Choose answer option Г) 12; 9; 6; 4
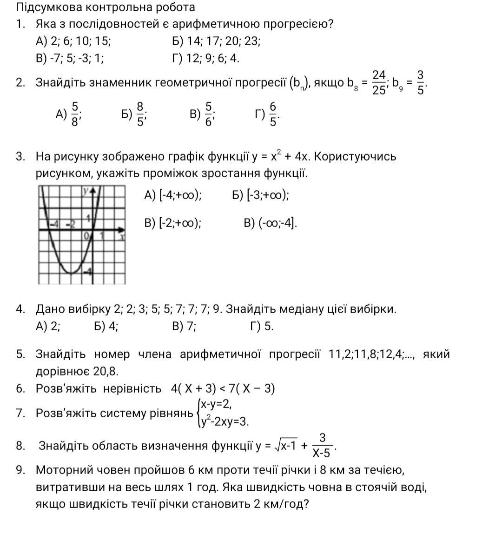[205, 59]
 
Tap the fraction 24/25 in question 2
[379, 82]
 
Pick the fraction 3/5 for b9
[420, 82]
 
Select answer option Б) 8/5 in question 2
[134, 114]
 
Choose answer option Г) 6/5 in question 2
[267, 114]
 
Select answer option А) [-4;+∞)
[173, 195]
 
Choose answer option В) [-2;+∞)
[173, 223]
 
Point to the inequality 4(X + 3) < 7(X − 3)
[223, 388]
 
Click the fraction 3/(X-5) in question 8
[322, 445]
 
